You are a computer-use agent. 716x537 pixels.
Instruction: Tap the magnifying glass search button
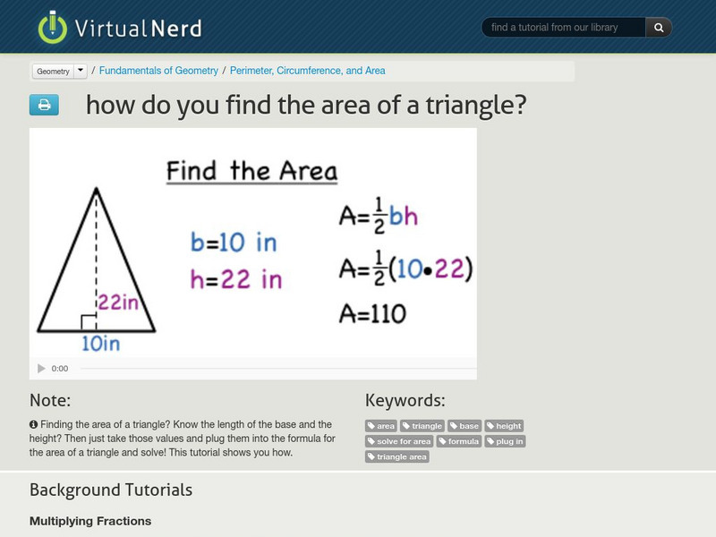[x=659, y=28]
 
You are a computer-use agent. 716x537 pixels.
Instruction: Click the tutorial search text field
[x=564, y=28]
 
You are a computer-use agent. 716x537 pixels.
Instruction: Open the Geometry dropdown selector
[x=60, y=71]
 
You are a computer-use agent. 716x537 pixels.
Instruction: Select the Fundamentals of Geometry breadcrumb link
[x=158, y=71]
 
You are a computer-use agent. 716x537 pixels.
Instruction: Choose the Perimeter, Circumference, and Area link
[x=308, y=71]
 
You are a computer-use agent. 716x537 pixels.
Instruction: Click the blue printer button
[x=44, y=106]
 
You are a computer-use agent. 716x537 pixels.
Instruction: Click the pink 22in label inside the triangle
[x=119, y=303]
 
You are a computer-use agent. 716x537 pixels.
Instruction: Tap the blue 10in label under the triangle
[x=100, y=343]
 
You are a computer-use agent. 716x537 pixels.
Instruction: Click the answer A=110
[x=372, y=313]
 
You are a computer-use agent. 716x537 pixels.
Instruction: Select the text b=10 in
[x=234, y=242]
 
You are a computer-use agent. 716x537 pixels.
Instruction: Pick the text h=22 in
[x=235, y=279]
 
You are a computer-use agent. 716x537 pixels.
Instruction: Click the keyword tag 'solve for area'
[x=399, y=441]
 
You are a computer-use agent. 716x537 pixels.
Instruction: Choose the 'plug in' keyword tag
[x=506, y=441]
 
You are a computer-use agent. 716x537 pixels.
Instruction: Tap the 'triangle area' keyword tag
[x=397, y=456]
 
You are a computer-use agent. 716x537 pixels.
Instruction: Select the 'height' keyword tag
[x=505, y=426]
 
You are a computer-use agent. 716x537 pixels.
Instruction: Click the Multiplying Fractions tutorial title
[x=90, y=521]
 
